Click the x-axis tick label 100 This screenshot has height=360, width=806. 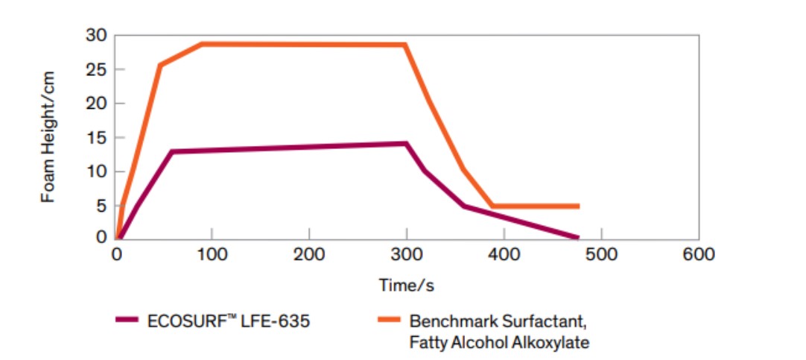(212, 254)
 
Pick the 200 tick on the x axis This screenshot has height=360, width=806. (309, 254)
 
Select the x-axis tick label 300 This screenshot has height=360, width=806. (406, 254)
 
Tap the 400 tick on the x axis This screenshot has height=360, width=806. (504, 254)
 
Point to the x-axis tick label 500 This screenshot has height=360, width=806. (600, 254)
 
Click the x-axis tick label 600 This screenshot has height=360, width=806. (698, 254)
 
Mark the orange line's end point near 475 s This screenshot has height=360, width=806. (577, 206)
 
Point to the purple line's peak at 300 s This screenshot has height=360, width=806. (406, 143)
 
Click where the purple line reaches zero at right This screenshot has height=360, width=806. (577, 238)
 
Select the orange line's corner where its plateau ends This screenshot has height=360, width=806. (405, 45)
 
